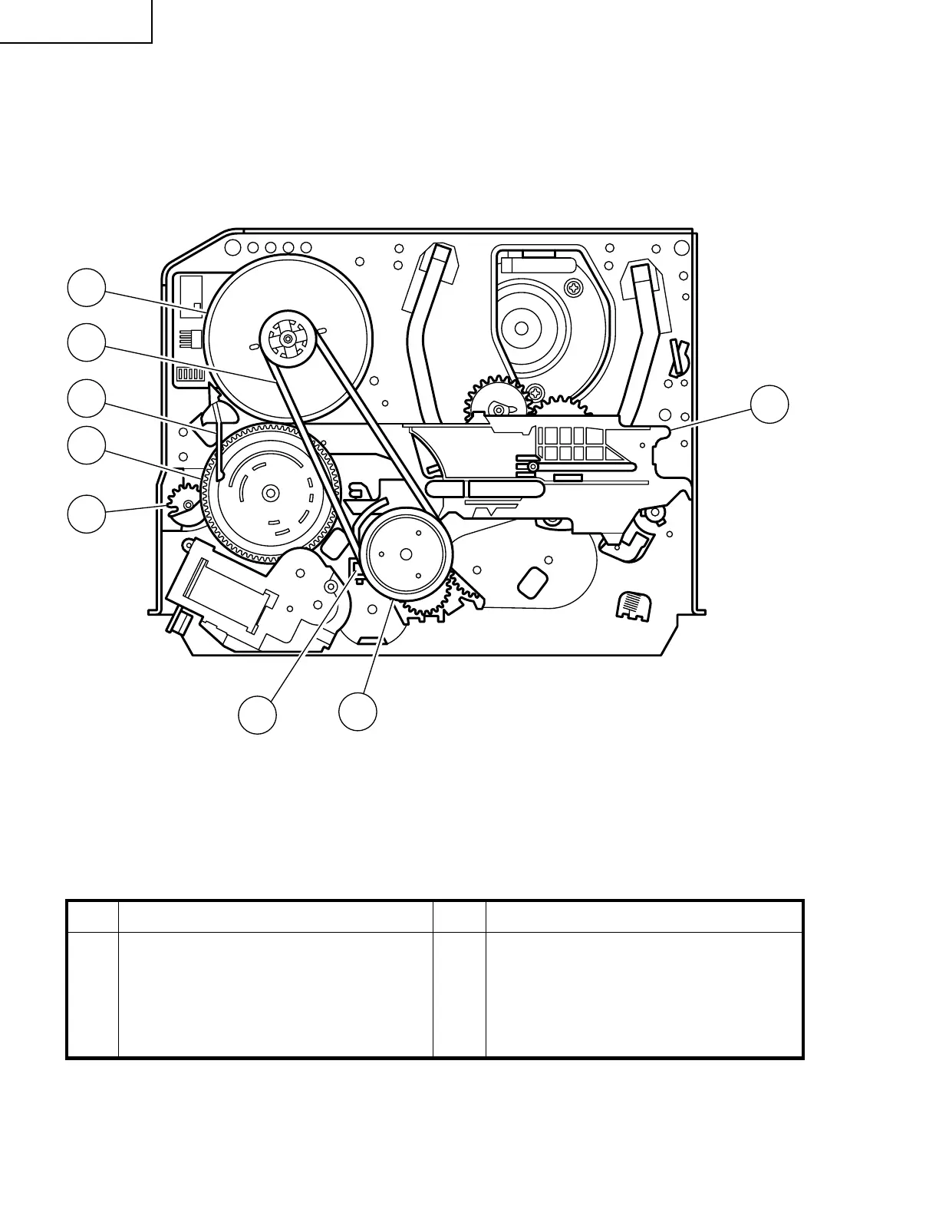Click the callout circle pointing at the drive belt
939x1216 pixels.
(x=86, y=342)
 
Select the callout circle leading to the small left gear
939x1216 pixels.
(x=86, y=513)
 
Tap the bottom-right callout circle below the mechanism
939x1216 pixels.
(x=358, y=711)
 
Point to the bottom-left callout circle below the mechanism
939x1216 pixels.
(x=257, y=715)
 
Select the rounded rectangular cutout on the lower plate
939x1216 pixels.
(x=533, y=580)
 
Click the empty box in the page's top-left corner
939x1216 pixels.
(x=75, y=21)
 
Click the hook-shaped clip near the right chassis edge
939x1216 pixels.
(x=677, y=352)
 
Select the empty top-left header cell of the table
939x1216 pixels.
(x=93, y=917)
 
